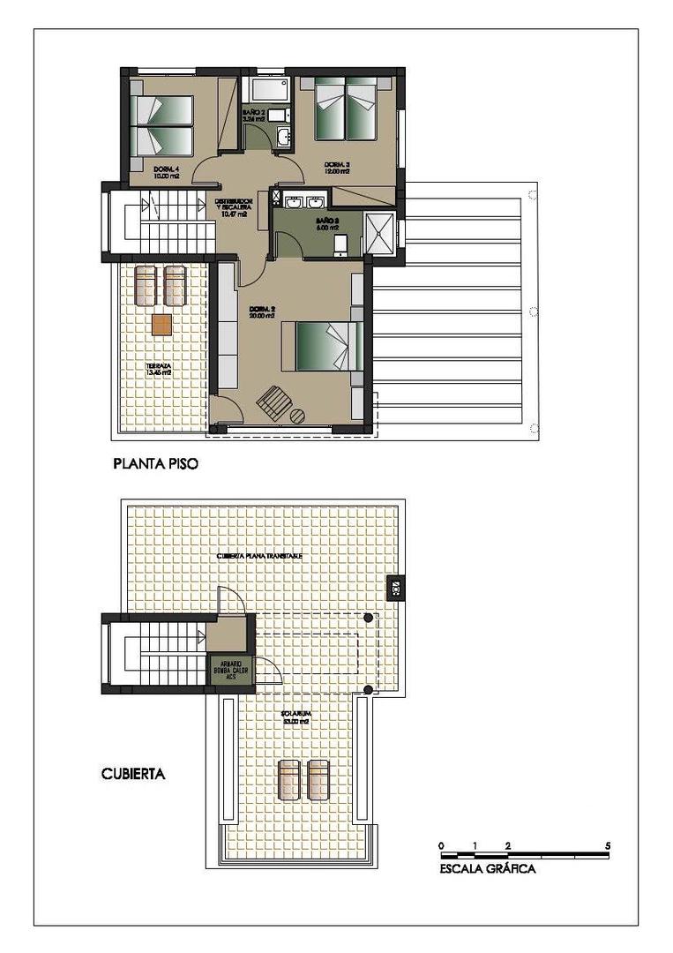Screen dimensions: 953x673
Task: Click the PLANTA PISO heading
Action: [x=154, y=462]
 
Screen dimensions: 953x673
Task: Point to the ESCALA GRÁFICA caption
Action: [x=487, y=868]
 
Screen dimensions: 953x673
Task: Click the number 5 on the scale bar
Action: [x=608, y=845]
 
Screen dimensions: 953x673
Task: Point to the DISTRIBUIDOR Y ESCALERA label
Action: [x=235, y=207]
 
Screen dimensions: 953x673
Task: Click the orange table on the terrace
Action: [x=162, y=324]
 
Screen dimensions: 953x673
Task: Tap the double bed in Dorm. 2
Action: [x=322, y=346]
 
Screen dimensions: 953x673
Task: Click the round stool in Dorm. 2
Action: [x=298, y=415]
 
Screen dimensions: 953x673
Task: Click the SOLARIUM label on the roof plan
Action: [x=294, y=717]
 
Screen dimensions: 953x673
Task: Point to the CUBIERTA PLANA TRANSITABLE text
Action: [x=260, y=557]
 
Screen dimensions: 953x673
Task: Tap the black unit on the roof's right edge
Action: [x=396, y=586]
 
